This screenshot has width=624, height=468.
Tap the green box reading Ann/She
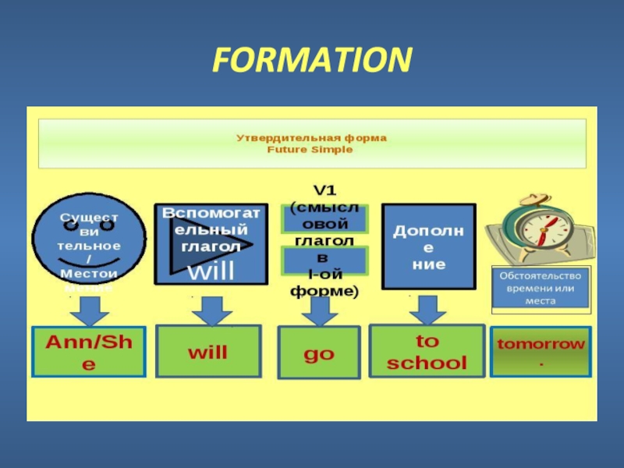click(88, 352)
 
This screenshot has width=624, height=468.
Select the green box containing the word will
click(207, 352)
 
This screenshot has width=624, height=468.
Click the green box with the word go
click(318, 353)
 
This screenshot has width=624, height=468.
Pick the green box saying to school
click(426, 352)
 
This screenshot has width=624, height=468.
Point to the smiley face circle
click(88, 242)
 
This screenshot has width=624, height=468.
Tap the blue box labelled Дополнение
click(428, 247)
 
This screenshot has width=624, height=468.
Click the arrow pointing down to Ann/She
click(88, 312)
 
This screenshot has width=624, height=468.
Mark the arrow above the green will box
click(207, 312)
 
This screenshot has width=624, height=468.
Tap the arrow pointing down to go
click(318, 312)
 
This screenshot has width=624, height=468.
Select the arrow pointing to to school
click(426, 310)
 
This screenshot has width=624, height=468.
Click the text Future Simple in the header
click(311, 150)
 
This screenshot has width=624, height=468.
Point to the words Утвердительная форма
click(311, 138)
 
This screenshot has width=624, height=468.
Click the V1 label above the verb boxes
click(323, 190)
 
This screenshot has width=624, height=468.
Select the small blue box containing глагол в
click(324, 258)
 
